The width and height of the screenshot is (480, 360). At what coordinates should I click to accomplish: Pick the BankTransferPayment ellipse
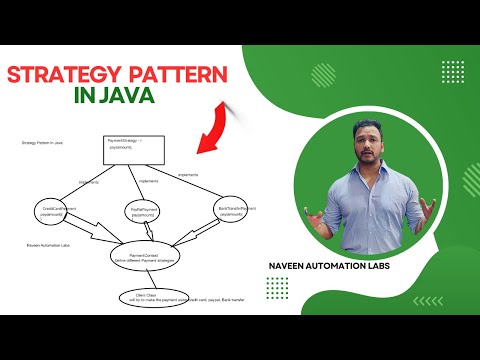(236, 209)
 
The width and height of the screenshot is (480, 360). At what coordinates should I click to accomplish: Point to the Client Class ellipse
(143, 297)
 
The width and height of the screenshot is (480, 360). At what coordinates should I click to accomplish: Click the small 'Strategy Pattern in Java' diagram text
(42, 144)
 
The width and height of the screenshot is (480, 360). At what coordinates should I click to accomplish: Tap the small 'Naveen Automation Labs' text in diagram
(46, 243)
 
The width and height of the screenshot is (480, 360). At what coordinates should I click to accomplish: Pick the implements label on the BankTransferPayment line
(187, 174)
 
